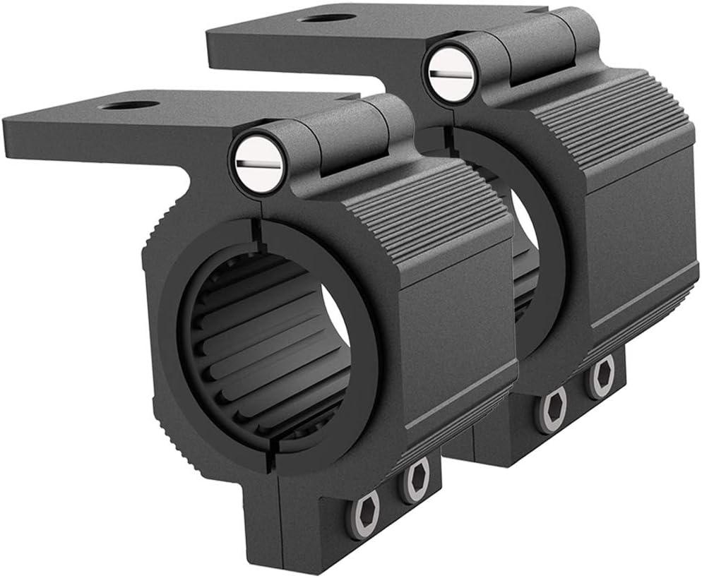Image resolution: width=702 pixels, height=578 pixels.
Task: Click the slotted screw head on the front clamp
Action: (x=258, y=163)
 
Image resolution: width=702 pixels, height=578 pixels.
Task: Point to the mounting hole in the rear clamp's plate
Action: (x=326, y=18)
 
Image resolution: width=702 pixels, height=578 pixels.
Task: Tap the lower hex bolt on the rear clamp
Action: (x=553, y=409)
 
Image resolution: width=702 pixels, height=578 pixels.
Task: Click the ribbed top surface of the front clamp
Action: (x=424, y=212)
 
